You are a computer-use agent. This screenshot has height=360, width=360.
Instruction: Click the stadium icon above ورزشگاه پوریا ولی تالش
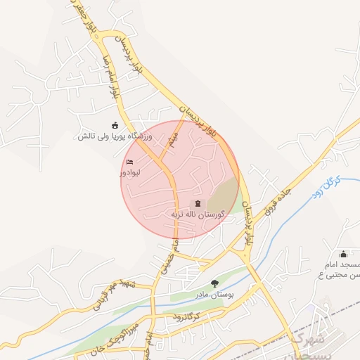click(115, 125)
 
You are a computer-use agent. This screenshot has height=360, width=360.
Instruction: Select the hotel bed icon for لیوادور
click(129, 163)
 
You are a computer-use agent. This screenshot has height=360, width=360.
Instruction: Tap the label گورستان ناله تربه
click(198, 213)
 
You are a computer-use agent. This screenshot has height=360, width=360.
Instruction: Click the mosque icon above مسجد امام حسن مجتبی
click(343, 255)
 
